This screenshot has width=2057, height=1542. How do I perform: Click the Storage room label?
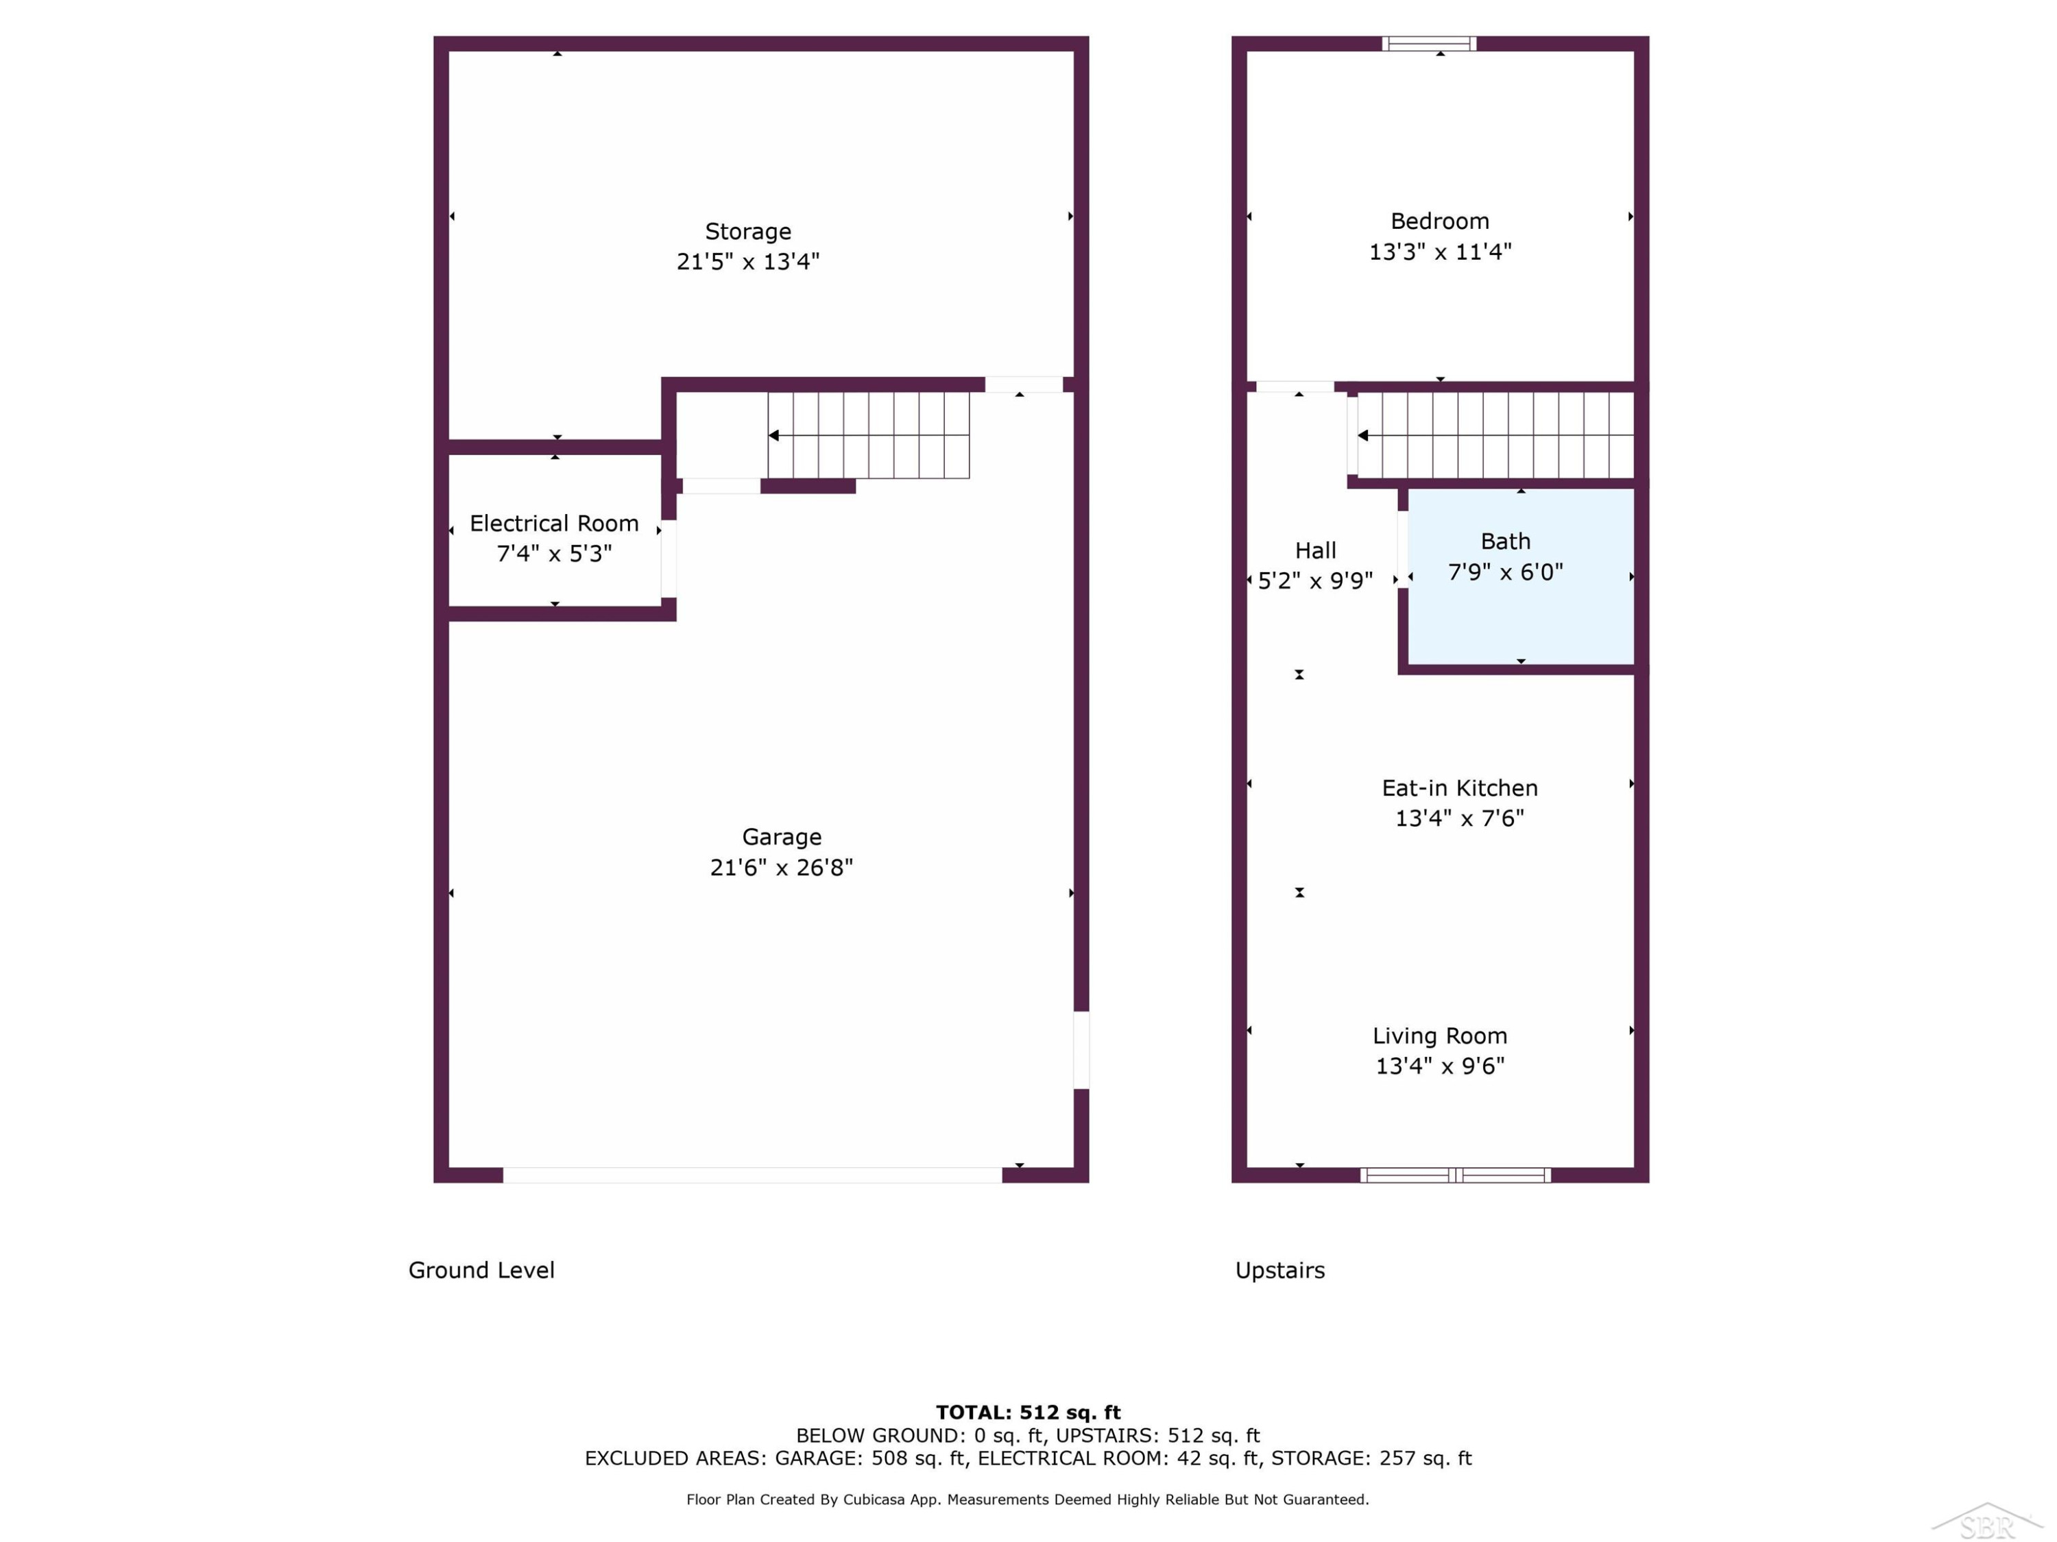pyautogui.click(x=747, y=232)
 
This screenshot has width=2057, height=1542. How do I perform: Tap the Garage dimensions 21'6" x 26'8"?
pyautogui.click(x=781, y=867)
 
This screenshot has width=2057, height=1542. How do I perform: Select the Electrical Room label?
pyautogui.click(x=554, y=524)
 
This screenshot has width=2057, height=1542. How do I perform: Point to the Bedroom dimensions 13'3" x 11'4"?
pyautogui.click(x=1439, y=252)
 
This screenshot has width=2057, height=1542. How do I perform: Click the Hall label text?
pyautogui.click(x=1315, y=550)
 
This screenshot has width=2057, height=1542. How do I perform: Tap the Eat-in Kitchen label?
pyautogui.click(x=1459, y=788)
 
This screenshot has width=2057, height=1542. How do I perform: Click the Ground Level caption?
pyautogui.click(x=481, y=1270)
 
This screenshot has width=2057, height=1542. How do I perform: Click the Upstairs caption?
pyautogui.click(x=1279, y=1271)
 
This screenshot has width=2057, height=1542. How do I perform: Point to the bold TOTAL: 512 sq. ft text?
pyautogui.click(x=1028, y=1412)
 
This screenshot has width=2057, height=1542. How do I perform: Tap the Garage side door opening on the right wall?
pyautogui.click(x=1081, y=1049)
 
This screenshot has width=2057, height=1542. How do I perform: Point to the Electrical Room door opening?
pyautogui.click(x=669, y=559)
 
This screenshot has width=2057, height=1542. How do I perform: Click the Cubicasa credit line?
pyautogui.click(x=1028, y=1500)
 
